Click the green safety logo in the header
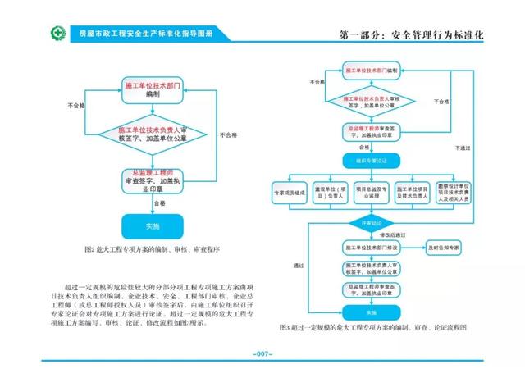pos(33,34)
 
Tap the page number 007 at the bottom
pos(262,354)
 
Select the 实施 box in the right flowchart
pos(371,312)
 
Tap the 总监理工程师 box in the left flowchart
pos(152,180)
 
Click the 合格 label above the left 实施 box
pos(158,203)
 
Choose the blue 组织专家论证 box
pos(371,162)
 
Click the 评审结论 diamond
pos(372,222)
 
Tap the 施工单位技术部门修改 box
pos(371,248)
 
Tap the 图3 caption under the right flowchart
pos(372,326)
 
